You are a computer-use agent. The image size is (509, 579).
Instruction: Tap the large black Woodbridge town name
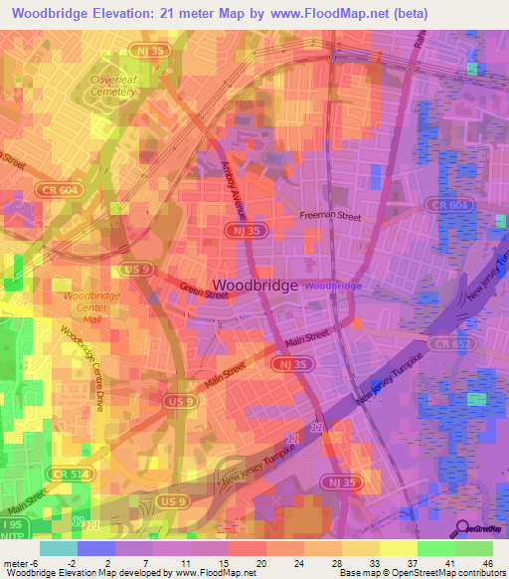(x=254, y=285)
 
